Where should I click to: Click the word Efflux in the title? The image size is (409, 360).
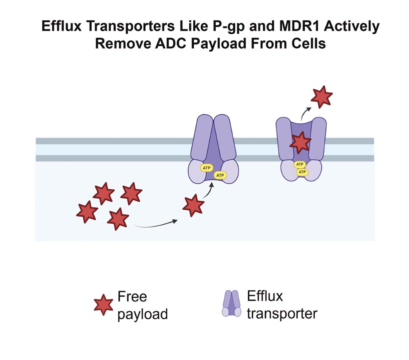(62, 26)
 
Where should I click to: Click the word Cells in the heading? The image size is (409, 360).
(308, 44)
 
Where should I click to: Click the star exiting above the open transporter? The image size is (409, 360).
(321, 96)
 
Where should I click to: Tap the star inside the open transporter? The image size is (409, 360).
(301, 142)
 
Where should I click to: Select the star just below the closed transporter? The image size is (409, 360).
(193, 205)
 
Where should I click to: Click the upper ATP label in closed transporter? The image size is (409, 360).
(207, 168)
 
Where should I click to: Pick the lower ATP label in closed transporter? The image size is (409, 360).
(220, 175)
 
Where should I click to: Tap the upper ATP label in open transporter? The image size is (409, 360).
(300, 164)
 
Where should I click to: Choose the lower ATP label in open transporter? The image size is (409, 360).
(302, 172)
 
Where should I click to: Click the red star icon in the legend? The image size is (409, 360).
(103, 304)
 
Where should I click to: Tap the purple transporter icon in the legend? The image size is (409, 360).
(232, 303)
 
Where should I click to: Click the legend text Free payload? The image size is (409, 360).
(142, 305)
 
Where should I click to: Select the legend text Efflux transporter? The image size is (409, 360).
(282, 305)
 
